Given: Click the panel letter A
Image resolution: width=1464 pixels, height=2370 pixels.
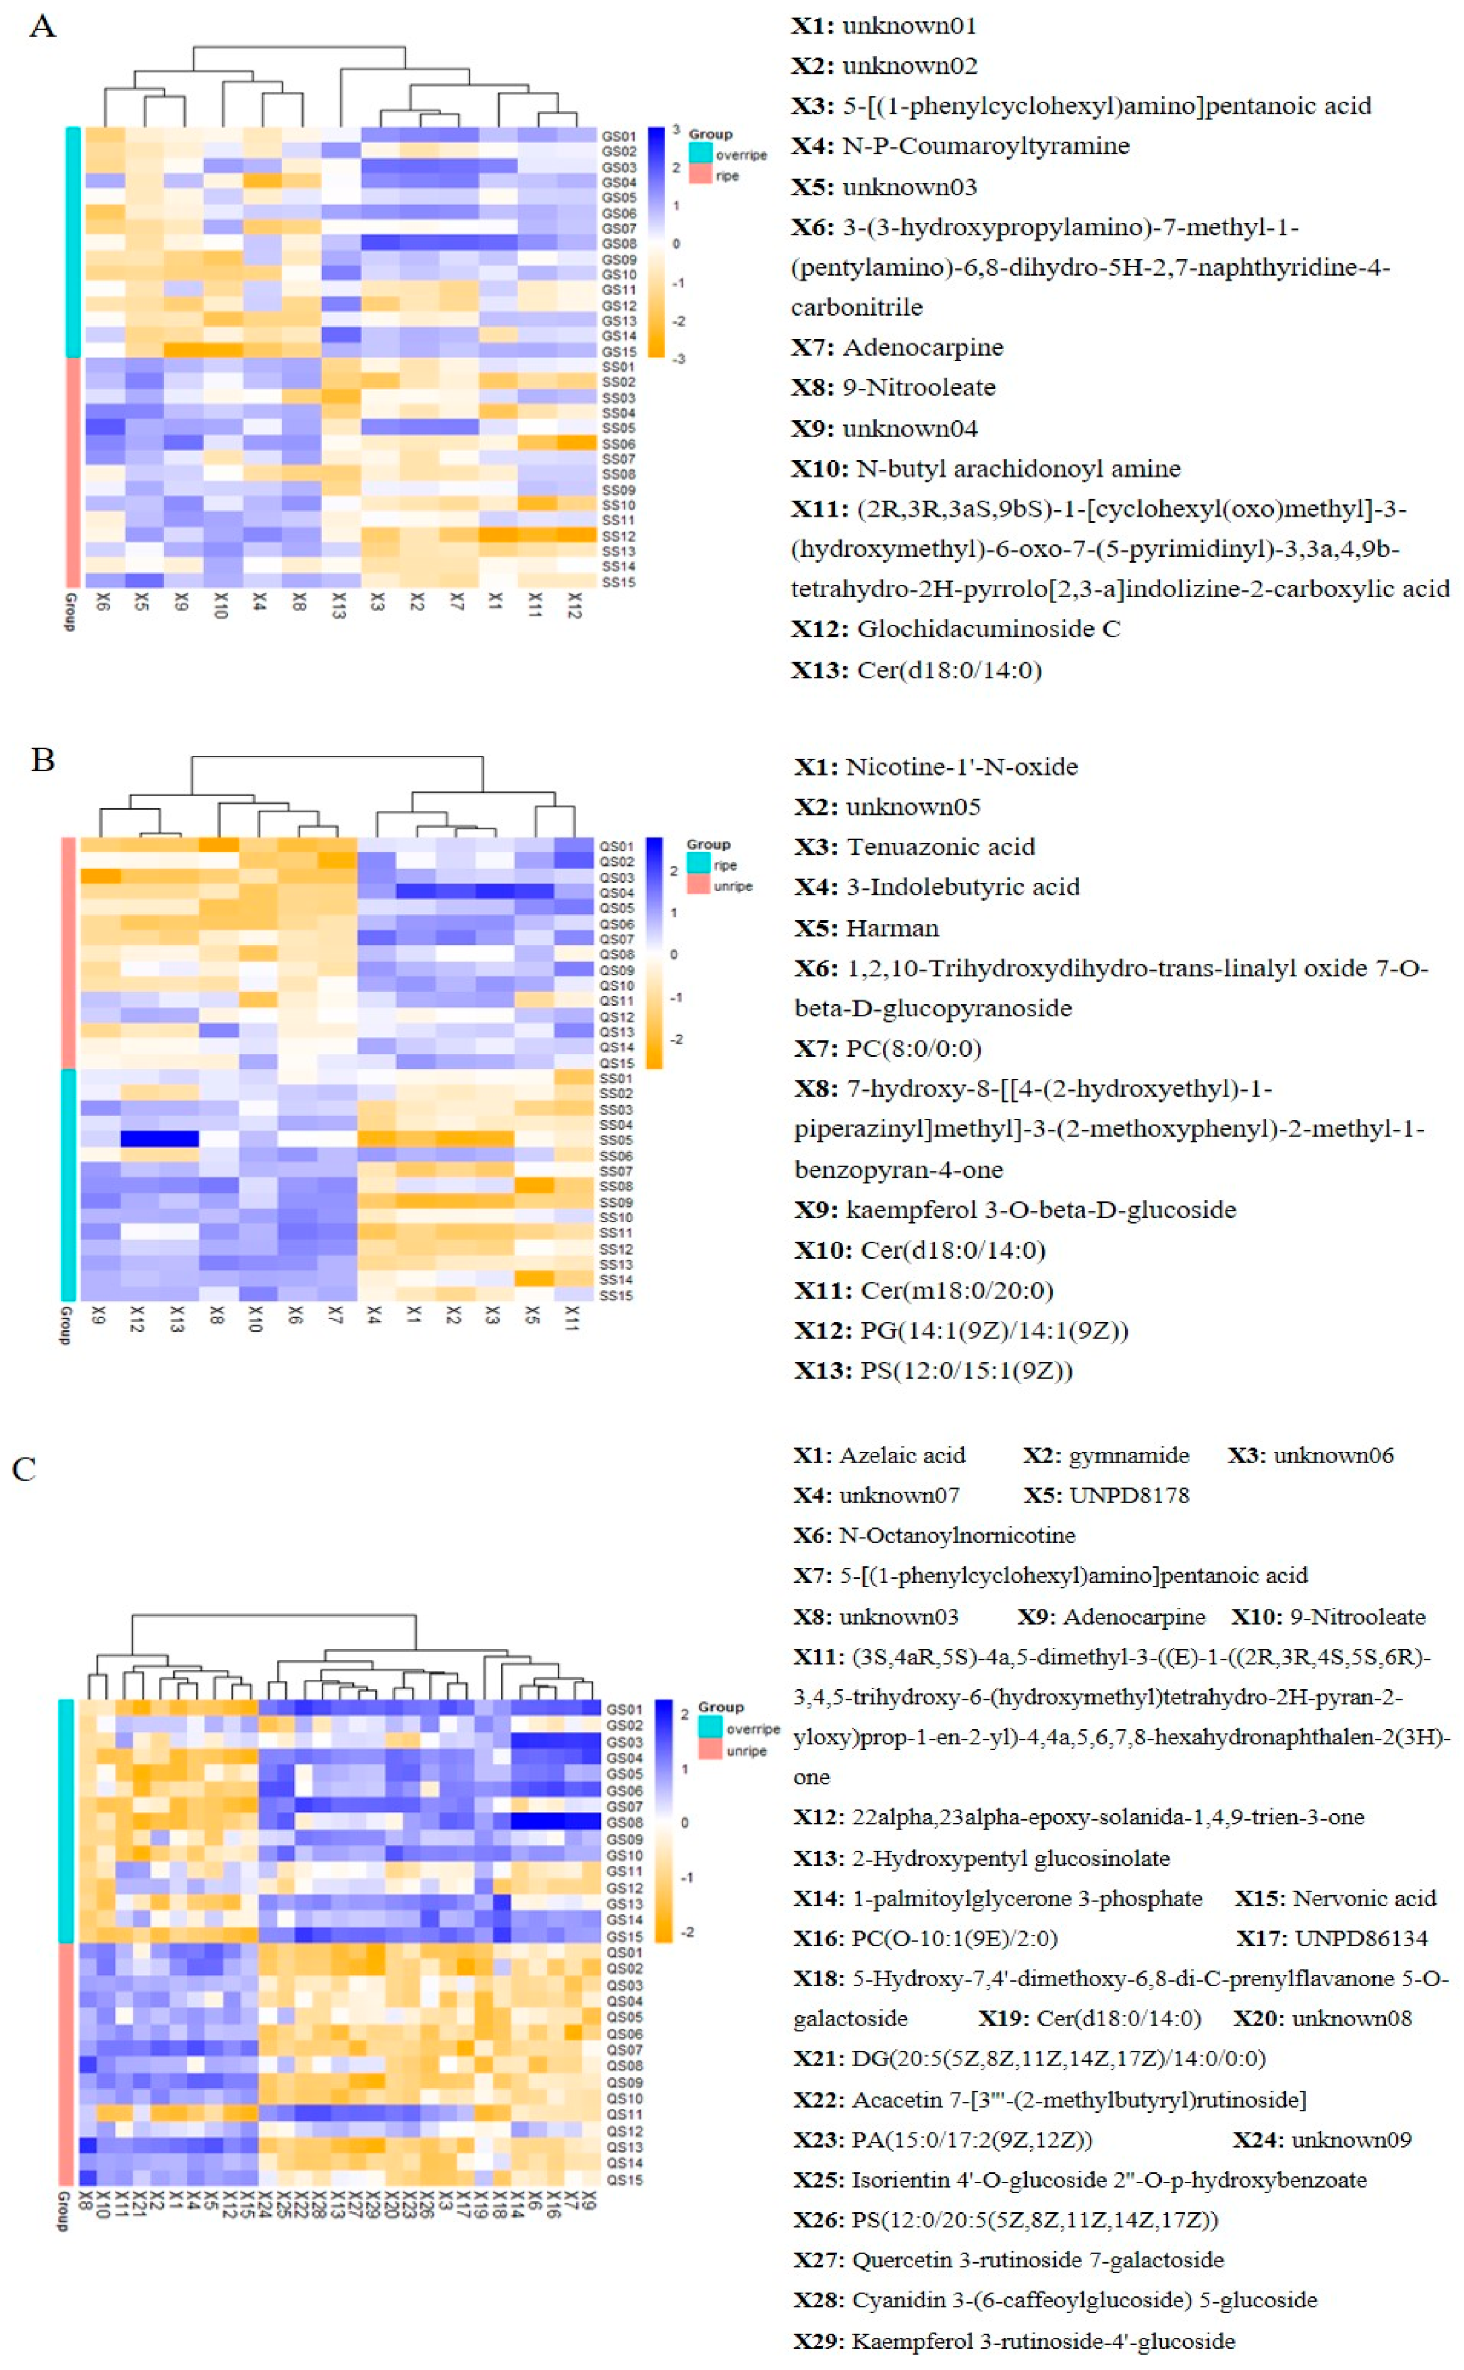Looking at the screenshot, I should (42, 26).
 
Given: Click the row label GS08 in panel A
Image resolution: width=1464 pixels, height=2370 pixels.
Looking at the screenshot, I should (619, 244).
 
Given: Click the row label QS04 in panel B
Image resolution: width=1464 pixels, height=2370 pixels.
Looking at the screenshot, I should (617, 892).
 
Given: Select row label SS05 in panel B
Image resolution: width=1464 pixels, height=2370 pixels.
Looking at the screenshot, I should (617, 1139).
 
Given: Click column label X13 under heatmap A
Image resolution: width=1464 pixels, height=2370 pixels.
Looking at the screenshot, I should (338, 605).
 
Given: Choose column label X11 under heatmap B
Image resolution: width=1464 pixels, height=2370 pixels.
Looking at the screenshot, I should (572, 1318).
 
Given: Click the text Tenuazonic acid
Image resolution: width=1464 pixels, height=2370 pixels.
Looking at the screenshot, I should (940, 847).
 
